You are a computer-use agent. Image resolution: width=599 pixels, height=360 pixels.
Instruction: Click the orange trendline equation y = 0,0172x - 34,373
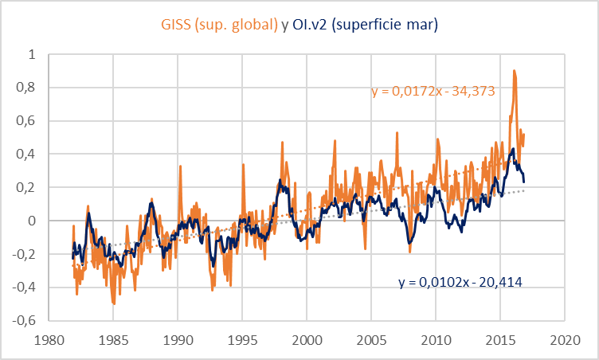click(x=434, y=92)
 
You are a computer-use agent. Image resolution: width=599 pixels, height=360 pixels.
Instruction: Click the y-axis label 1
click(x=31, y=55)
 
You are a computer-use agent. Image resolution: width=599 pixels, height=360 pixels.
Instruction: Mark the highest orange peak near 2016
click(x=515, y=71)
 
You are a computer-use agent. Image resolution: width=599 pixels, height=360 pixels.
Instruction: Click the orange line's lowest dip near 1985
click(x=113, y=303)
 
